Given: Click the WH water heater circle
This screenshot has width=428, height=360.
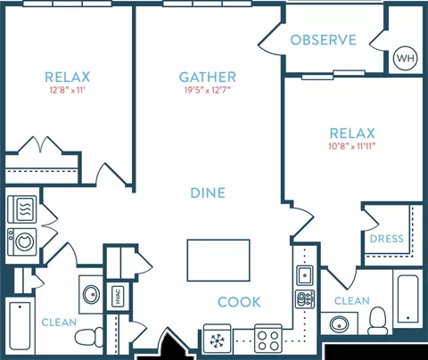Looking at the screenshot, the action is [406, 58].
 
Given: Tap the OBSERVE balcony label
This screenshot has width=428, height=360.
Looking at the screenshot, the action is [323, 40].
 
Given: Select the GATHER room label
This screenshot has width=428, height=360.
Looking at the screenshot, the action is [208, 78].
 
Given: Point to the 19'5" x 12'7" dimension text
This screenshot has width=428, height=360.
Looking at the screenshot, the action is [208, 90].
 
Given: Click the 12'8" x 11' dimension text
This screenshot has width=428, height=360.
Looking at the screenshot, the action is [68, 90].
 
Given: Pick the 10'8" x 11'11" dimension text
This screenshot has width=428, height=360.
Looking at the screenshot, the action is [352, 146].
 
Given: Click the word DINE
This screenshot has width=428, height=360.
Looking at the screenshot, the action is [208, 193].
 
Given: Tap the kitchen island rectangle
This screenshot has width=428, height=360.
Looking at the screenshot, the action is [218, 260].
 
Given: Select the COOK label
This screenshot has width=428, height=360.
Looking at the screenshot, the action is [239, 302].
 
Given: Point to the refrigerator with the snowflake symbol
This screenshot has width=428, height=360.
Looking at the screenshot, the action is [218, 339].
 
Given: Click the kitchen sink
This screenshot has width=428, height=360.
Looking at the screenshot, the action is [305, 275].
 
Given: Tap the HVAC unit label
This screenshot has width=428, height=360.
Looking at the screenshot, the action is [118, 297].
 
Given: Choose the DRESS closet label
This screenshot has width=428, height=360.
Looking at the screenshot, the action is [387, 239].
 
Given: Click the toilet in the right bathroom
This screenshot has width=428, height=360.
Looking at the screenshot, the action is [378, 321].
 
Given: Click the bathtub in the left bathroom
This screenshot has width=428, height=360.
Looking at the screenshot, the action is [20, 325].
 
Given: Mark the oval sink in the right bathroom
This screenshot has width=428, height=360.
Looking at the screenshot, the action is [340, 324].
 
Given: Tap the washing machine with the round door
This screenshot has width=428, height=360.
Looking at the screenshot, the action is [22, 241].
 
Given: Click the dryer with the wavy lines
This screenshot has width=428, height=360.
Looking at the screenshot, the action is [22, 209].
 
